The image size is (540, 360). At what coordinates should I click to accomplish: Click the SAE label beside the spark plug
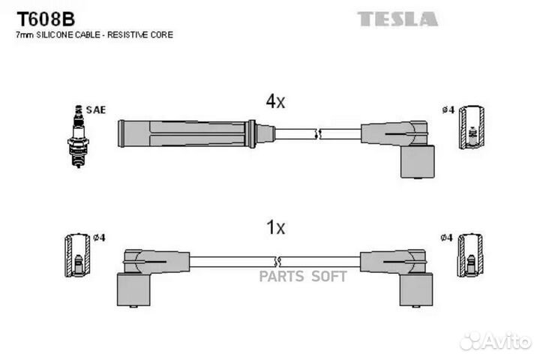click(x=96, y=109)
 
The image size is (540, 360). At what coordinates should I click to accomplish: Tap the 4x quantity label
click(x=275, y=101)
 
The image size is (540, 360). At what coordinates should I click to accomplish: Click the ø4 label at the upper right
click(x=448, y=110)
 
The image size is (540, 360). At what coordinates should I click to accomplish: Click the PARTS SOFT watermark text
click(x=303, y=276)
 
